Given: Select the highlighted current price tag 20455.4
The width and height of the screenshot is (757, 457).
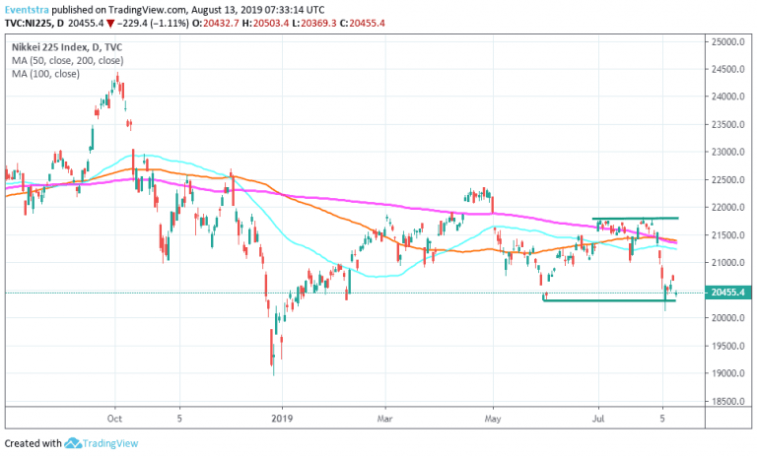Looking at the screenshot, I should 727,293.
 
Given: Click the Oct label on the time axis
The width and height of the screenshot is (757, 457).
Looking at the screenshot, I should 114,417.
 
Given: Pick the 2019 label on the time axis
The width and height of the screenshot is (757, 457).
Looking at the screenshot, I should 282,417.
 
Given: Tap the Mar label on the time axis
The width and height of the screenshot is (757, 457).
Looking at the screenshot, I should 387,417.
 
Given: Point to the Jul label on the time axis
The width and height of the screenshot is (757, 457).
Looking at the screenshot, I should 597,417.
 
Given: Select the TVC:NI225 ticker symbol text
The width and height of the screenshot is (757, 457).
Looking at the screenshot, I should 31,23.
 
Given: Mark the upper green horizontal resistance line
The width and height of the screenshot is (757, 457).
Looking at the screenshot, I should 636,218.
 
